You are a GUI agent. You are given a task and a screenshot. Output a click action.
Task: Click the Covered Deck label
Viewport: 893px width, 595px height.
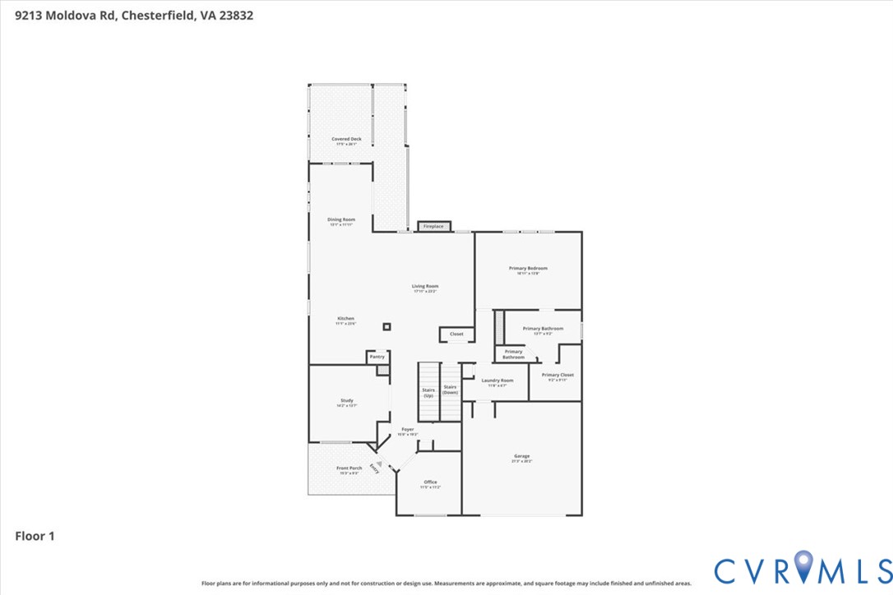click(346, 140)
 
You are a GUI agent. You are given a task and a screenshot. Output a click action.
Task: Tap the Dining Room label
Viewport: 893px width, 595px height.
click(341, 219)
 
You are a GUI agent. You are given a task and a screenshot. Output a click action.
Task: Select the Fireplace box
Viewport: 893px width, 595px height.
click(433, 226)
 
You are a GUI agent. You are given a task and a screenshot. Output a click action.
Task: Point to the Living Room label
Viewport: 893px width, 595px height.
click(425, 287)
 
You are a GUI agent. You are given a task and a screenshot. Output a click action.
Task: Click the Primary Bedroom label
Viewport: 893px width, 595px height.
click(528, 269)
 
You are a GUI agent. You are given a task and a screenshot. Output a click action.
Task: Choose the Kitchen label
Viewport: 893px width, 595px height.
click(345, 319)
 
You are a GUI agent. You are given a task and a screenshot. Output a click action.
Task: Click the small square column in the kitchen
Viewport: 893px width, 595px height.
click(386, 327)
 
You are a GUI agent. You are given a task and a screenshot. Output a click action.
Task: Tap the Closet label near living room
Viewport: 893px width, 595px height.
click(456, 334)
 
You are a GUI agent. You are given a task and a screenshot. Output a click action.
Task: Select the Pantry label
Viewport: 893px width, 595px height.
click(377, 357)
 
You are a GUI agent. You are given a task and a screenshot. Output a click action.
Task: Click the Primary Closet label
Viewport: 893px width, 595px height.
click(558, 375)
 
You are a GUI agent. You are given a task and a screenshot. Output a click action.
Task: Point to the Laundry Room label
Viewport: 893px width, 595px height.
click(497, 381)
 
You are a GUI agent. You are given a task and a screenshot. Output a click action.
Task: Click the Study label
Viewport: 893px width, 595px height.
click(346, 401)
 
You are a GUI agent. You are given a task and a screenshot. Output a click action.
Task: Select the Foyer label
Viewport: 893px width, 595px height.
click(407, 430)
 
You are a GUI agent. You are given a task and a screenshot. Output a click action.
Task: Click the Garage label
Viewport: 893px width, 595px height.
click(522, 457)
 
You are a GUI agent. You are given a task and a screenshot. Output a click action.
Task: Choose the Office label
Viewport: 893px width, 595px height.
click(430, 482)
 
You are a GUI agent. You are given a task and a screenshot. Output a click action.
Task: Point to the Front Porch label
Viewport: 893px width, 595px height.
click(349, 468)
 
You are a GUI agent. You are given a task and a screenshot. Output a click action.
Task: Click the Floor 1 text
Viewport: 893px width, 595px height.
click(35, 537)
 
